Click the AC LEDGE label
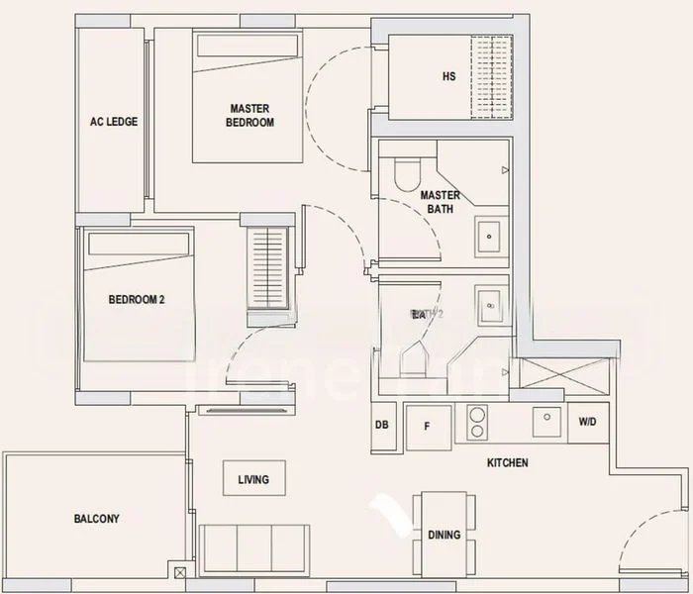point(114,122)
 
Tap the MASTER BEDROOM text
point(251,116)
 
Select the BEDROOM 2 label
point(136,299)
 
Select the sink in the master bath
point(489,237)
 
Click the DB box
point(381,426)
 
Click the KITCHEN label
point(507,462)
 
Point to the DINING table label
point(445,535)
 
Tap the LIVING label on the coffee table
point(253,480)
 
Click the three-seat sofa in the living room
point(253,548)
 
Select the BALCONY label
point(96,518)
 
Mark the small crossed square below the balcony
point(178,573)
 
